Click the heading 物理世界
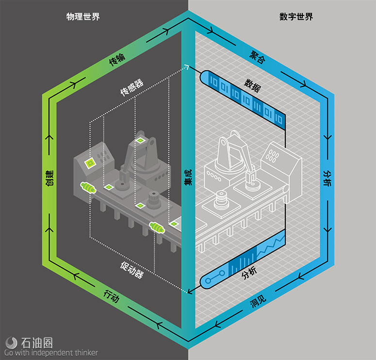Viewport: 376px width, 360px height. (83, 16)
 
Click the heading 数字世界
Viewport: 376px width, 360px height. (296, 16)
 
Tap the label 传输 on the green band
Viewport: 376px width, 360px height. (117, 60)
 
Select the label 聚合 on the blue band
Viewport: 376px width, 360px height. (257, 57)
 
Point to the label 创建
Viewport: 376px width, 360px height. (49, 178)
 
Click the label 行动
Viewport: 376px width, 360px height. (112, 296)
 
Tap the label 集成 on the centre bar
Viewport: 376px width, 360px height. (188, 177)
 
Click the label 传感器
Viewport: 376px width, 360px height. (131, 87)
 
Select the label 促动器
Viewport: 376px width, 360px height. (132, 270)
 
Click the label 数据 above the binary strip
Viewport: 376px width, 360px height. (252, 85)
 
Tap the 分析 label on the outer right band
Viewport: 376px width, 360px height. (327, 178)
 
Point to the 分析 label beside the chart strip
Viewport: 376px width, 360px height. (249, 273)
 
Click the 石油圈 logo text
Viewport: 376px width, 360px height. (37, 343)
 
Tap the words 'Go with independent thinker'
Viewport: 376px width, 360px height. (51, 353)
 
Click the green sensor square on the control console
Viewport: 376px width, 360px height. (90, 164)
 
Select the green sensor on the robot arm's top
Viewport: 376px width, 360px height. (140, 140)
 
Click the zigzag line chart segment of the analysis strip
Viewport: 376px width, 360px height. (271, 244)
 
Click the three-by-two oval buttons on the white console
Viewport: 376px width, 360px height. (272, 156)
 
